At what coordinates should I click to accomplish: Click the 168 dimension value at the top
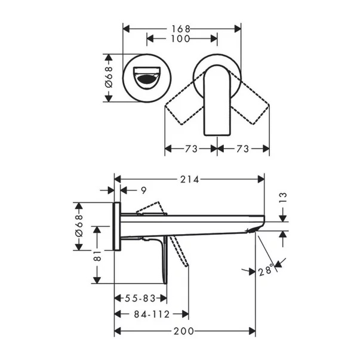point(181,29)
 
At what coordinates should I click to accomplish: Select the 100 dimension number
point(180,39)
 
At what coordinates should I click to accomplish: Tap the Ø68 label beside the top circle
point(109,77)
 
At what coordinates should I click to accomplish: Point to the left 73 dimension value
point(191,149)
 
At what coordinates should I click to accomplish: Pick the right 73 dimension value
point(242,149)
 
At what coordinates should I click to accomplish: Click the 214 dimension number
point(190,179)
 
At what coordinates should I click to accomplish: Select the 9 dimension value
point(143,190)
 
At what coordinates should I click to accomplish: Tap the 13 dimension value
point(284,198)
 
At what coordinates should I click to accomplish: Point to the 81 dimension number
point(97,256)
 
